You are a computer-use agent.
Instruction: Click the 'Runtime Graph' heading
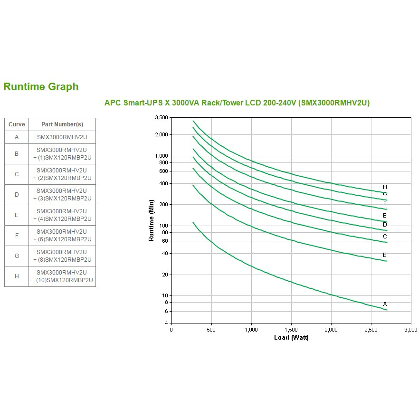pos(41,86)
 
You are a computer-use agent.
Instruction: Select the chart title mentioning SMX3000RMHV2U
pos(237,103)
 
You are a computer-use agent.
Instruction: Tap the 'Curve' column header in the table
pos(17,124)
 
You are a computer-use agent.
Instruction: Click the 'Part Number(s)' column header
pos(62,124)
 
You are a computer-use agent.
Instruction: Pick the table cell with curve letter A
pos(17,137)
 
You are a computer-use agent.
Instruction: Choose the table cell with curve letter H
pos(17,276)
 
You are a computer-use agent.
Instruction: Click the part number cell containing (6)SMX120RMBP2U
pos(62,236)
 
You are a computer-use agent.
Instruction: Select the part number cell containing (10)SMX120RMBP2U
pos(62,276)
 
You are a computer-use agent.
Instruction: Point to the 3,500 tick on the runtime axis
pos(161,118)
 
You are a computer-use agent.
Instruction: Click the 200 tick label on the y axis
pos(164,204)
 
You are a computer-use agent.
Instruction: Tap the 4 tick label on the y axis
pos(167,323)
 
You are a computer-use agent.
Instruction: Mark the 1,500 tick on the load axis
pos(291,330)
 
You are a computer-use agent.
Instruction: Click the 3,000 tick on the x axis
pos(411,330)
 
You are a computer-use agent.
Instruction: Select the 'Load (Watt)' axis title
pos(291,338)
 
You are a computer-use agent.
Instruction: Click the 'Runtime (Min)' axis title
pos(151,220)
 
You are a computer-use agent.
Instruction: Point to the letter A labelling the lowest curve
pos(385,304)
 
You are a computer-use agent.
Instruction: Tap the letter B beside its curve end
pos(385,255)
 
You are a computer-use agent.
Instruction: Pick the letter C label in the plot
pos(385,237)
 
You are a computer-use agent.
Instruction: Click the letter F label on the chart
pos(385,203)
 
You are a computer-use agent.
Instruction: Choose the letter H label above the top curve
pos(385,187)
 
